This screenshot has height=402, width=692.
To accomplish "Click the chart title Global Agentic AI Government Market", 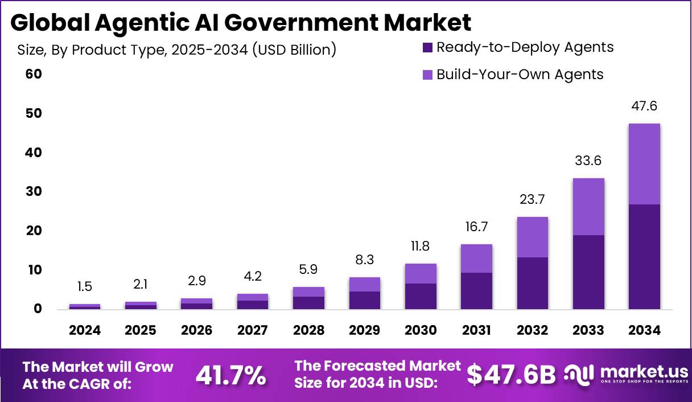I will tap(241, 23).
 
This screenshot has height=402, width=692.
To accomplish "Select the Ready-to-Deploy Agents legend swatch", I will tap(428, 47).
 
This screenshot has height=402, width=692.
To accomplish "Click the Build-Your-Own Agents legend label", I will tap(520, 75).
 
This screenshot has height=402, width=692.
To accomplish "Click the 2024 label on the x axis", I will tap(85, 330).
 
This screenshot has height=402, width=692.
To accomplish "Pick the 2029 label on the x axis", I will tap(364, 330).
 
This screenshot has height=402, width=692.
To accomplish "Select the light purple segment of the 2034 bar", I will tap(644, 164).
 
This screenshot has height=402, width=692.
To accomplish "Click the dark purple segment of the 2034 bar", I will tap(644, 256).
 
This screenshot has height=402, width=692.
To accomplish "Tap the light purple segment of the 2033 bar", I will tap(588, 206).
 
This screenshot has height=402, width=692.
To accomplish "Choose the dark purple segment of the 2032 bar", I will tap(533, 283).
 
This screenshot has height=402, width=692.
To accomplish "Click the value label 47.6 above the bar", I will tap(644, 106).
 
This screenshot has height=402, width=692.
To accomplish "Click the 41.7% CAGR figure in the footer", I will tap(230, 375).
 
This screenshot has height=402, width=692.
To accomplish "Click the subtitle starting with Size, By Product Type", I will tap(177, 50).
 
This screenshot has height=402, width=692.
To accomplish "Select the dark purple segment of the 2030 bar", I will tap(421, 296).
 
